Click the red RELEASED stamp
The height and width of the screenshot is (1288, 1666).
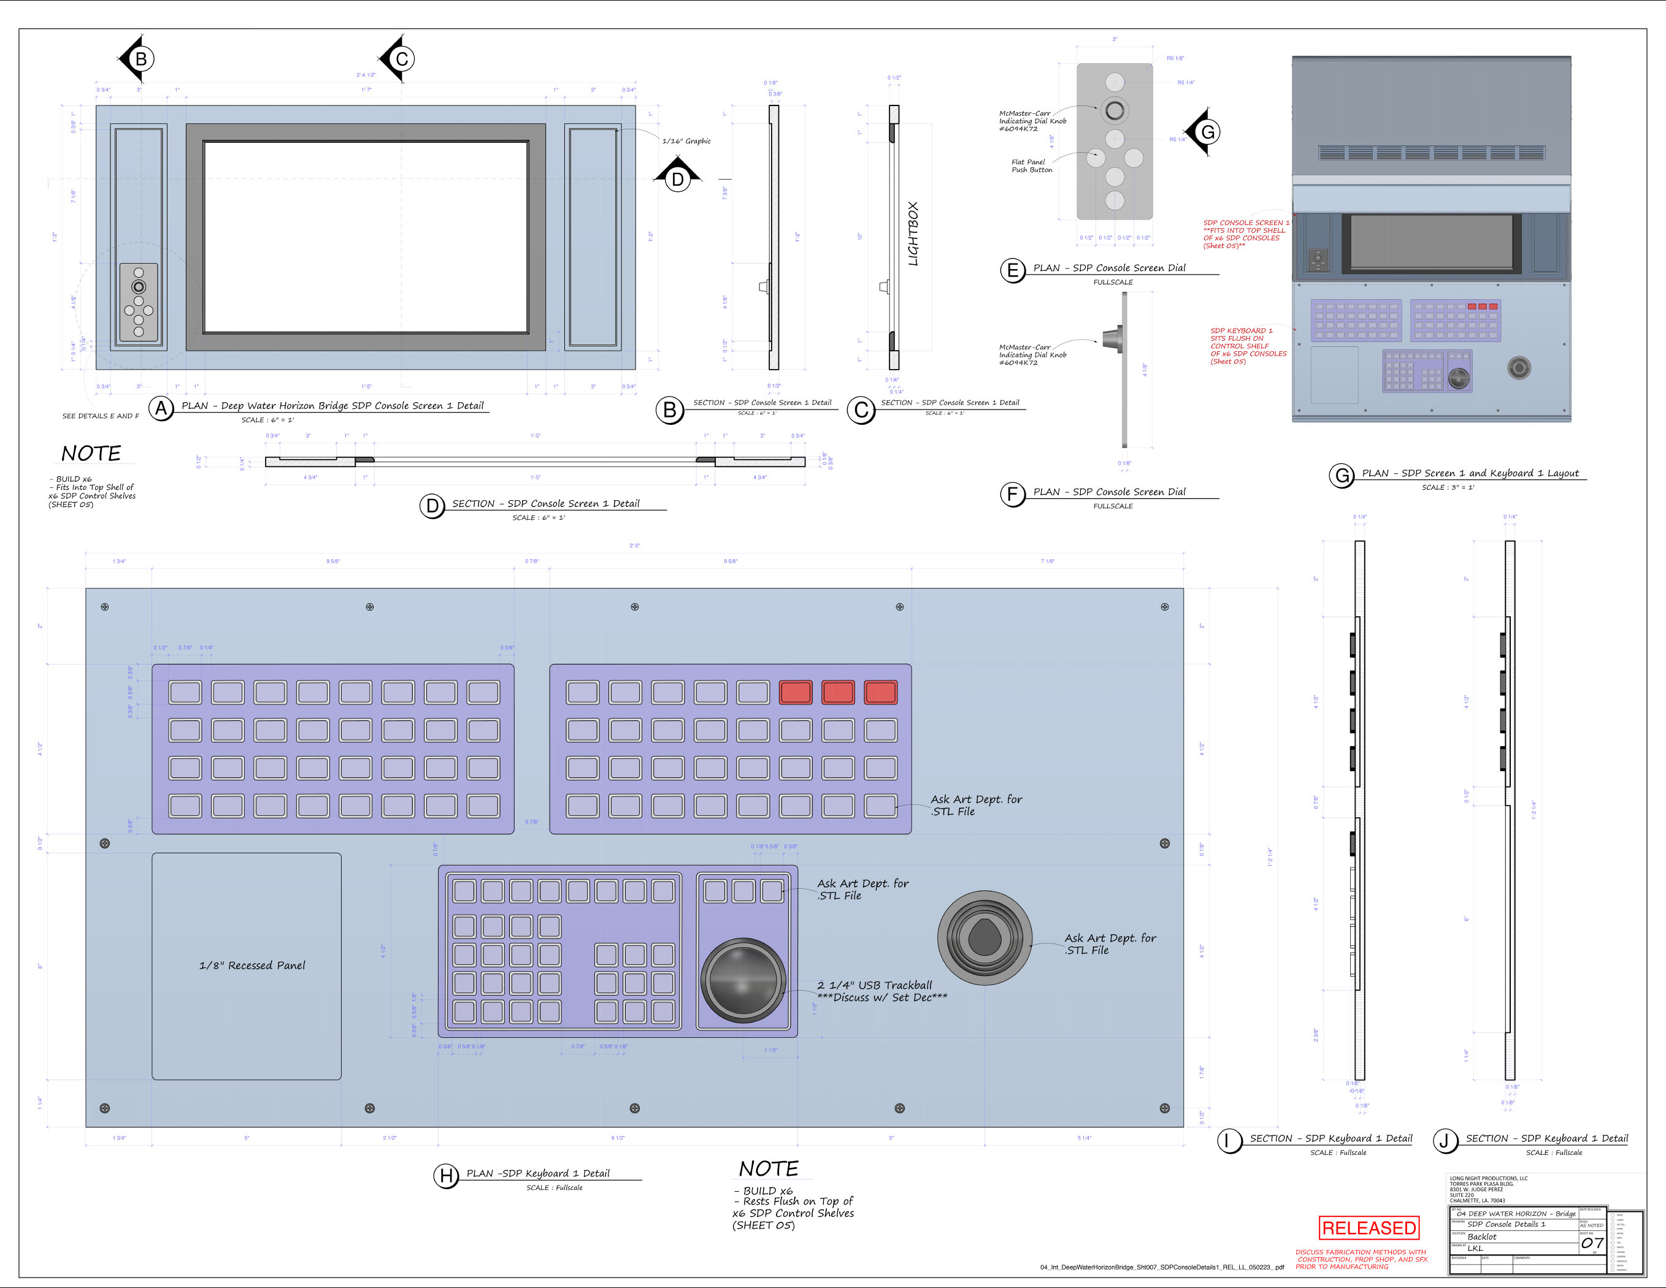tap(1368, 1228)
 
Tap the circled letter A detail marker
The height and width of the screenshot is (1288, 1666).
tap(161, 409)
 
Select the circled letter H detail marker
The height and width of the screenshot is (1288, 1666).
tap(447, 1176)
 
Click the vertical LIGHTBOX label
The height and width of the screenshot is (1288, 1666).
tap(913, 234)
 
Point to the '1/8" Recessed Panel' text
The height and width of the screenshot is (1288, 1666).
tap(251, 966)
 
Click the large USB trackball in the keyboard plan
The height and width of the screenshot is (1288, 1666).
tap(743, 979)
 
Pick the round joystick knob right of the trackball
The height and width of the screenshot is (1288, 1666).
tap(984, 937)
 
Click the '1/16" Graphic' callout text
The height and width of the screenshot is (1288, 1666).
tap(686, 141)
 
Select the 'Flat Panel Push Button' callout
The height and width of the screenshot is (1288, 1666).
tap(1031, 166)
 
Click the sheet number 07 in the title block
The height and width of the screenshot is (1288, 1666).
tap(1591, 1243)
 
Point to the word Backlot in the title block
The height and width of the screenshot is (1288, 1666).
tap(1481, 1237)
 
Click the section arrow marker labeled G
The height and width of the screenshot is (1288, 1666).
tap(1205, 132)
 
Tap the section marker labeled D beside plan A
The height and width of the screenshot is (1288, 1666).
tap(677, 178)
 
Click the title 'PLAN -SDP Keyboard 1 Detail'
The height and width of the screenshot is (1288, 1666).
tap(538, 1173)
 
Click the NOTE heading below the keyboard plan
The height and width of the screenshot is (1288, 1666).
tap(768, 1169)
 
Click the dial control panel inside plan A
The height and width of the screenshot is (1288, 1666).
tap(139, 303)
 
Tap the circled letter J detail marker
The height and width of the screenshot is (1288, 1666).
tap(1444, 1141)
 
